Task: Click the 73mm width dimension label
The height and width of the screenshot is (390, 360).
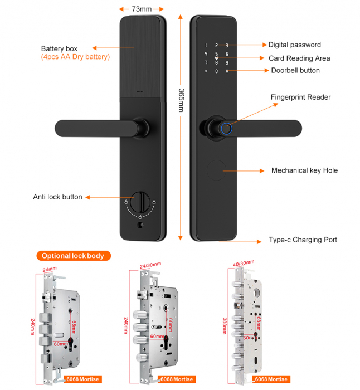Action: click(x=142, y=9)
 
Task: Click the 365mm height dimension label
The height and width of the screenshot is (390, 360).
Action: click(x=181, y=100)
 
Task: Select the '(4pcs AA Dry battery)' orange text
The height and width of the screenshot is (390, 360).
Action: click(x=75, y=57)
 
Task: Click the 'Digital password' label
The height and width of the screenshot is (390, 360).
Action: click(x=294, y=45)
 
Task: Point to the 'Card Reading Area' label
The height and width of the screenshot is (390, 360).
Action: click(x=299, y=58)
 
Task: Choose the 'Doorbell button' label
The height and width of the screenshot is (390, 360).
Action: click(x=295, y=71)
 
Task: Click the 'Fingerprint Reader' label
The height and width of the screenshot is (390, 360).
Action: click(x=300, y=97)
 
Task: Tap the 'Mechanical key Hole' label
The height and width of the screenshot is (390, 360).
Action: click(x=304, y=170)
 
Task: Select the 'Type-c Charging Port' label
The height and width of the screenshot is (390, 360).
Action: click(x=303, y=240)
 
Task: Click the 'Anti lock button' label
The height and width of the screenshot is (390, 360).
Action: click(x=57, y=197)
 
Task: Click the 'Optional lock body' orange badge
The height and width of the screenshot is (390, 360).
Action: click(x=74, y=256)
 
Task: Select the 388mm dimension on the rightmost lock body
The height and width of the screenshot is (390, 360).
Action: click(x=224, y=324)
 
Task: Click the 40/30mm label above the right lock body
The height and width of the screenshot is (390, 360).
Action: click(x=243, y=263)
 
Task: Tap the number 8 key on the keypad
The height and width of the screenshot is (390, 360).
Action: click(x=216, y=63)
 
